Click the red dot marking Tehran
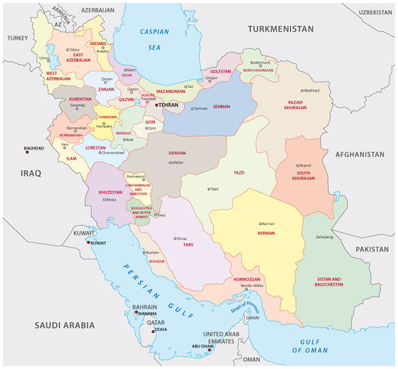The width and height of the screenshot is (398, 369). pyautogui.click(x=157, y=105)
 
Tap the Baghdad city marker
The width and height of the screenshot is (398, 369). pyautogui.click(x=27, y=153)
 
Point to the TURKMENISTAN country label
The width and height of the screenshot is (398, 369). pyautogui.click(x=280, y=29)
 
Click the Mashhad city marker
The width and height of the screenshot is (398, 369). pyautogui.click(x=302, y=90)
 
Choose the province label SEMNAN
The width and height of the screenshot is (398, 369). pyautogui.click(x=221, y=106)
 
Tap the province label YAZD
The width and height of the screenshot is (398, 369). pyautogui.click(x=239, y=173)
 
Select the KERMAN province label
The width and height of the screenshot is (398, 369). pyautogui.click(x=266, y=233)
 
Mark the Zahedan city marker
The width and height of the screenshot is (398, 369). pyautogui.click(x=332, y=237)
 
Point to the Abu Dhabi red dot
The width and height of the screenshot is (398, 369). pyautogui.click(x=209, y=350)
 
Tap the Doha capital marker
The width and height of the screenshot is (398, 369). pyautogui.click(x=154, y=331)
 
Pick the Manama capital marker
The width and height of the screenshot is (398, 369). pyautogui.click(x=136, y=313)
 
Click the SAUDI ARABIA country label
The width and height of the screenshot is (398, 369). pyautogui.click(x=65, y=325)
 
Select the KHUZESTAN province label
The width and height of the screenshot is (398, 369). pyautogui.click(x=110, y=192)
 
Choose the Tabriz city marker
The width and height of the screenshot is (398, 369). pyautogui.click(x=68, y=50)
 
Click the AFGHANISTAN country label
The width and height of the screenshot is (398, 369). pyautogui.click(x=359, y=154)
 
